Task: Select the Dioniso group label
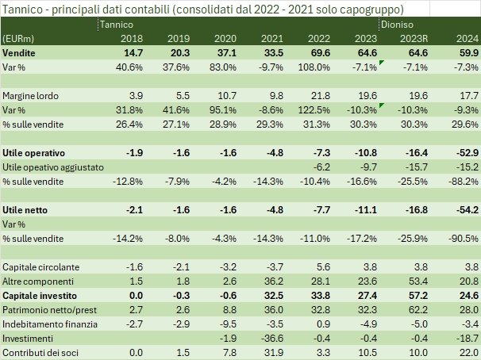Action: pos(395,25)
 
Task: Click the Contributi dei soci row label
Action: pos(39,351)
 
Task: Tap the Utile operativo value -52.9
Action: pos(464,151)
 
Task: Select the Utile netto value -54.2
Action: pos(464,209)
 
